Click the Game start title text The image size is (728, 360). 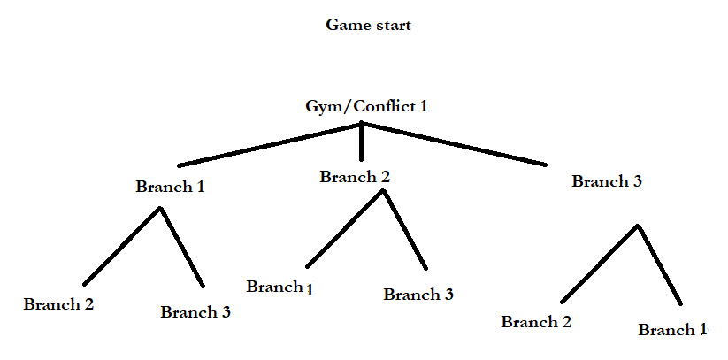pos(368,26)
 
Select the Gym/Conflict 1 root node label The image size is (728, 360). pos(365,106)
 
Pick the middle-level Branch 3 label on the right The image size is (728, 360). pos(606,181)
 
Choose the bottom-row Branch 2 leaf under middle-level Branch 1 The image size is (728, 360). pos(58,303)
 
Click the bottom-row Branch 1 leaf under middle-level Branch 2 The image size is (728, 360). pos(280,287)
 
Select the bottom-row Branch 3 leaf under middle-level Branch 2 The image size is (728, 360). pos(418,295)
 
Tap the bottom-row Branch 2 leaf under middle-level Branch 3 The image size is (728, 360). pos(535,322)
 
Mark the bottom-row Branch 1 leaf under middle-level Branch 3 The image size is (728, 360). pos(672,330)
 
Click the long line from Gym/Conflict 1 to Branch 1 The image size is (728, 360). pos(270,145)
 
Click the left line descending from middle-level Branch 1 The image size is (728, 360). pos(122,247)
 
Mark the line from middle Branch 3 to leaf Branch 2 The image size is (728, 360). pos(598,264)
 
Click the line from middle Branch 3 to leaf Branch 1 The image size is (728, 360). pos(659,264)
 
